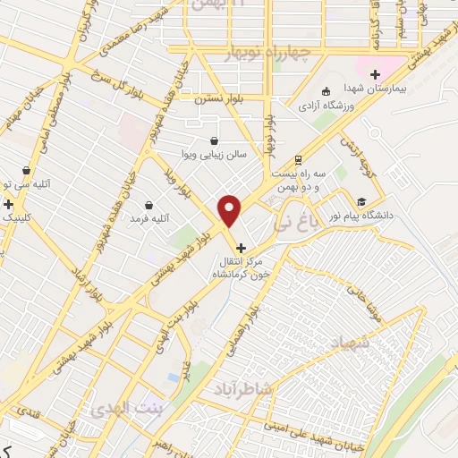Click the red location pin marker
pyautogui.click(x=230, y=211)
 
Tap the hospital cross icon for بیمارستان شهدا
pyautogui.click(x=375, y=74)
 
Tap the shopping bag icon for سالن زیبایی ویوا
pyautogui.click(x=214, y=140)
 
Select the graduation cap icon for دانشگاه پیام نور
pyautogui.click(x=361, y=201)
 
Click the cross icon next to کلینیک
pyautogui.click(x=8, y=205)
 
